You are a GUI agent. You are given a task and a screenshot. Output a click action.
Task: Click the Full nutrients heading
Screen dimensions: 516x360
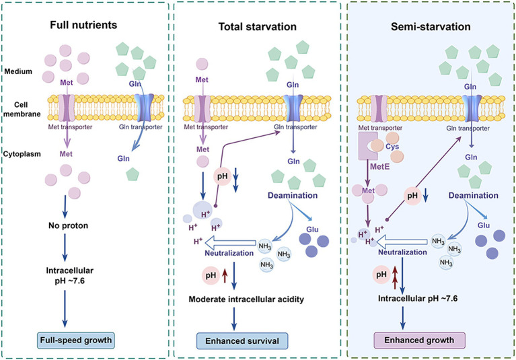(x=83, y=25)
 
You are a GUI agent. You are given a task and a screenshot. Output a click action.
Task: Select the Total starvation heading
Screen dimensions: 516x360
(x=258, y=27)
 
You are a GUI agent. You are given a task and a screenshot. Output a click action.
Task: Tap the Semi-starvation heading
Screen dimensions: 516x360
(x=431, y=26)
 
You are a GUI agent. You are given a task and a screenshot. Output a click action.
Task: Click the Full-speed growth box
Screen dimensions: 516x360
(x=76, y=340)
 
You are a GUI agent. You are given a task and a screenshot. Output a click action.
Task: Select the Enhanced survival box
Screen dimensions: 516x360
(x=242, y=341)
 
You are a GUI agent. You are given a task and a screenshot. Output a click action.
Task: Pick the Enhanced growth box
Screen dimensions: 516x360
(x=419, y=340)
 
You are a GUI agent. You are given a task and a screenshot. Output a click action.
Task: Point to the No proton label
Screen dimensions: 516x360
(x=68, y=225)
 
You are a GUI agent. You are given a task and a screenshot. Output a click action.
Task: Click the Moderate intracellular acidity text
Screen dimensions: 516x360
(x=246, y=299)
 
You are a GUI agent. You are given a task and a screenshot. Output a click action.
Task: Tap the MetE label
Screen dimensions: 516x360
(x=379, y=166)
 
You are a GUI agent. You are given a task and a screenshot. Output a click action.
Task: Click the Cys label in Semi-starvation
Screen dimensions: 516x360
(x=392, y=147)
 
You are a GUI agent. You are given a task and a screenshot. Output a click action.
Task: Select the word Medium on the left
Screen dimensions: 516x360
(x=18, y=71)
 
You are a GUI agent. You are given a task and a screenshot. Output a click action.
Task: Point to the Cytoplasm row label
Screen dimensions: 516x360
(x=22, y=154)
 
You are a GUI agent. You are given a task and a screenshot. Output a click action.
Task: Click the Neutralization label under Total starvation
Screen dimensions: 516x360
(x=229, y=253)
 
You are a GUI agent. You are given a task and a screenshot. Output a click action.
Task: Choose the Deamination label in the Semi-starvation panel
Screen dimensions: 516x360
(x=473, y=195)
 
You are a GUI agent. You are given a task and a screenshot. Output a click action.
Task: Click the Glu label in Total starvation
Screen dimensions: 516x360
(x=312, y=229)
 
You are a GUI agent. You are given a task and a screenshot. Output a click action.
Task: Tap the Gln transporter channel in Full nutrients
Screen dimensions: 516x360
(x=144, y=108)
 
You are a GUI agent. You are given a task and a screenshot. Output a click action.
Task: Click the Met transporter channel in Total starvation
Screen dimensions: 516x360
(x=202, y=109)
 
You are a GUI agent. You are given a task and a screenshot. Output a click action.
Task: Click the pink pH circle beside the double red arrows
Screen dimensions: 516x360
(x=381, y=275)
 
